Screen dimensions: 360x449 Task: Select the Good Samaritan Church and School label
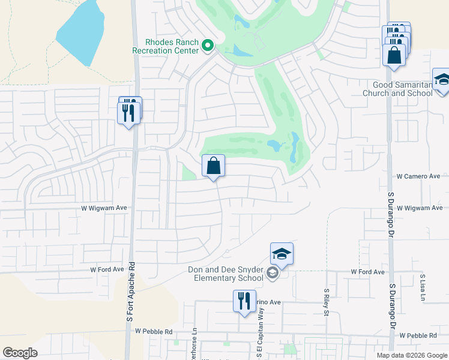coord(398,89)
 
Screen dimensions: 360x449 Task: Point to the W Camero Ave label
coord(418,176)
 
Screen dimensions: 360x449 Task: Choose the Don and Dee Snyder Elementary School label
coord(225,274)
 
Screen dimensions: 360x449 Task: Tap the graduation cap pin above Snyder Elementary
coord(282,254)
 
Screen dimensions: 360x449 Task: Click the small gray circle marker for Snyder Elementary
coord(272,274)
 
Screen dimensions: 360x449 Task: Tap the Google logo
coord(20,353)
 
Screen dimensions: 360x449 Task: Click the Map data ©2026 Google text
coord(411,355)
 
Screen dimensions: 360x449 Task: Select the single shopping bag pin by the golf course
coord(214,166)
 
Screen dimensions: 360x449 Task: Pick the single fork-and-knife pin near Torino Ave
coord(244,301)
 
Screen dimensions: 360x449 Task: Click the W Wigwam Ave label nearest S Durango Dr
coord(420,208)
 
